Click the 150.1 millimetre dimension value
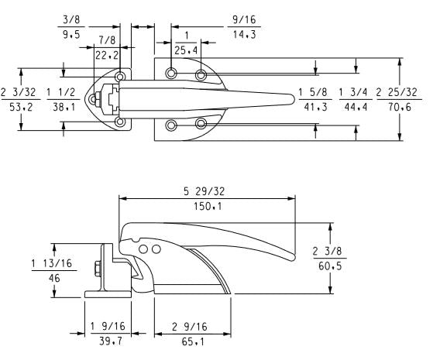[x=207, y=205]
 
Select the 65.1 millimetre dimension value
[x=178, y=340]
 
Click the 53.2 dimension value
[x=19, y=108]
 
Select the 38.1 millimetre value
[x=60, y=108]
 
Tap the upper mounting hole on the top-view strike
[x=120, y=77]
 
